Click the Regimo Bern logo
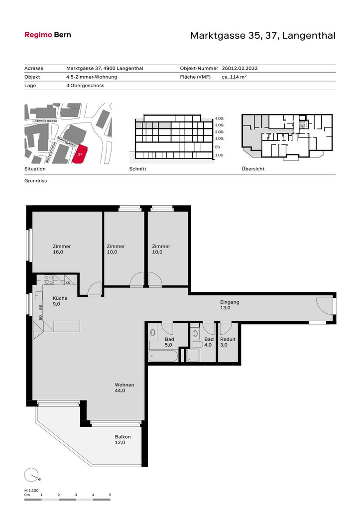(48, 35)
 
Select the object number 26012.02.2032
(240, 68)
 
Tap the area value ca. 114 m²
(234, 77)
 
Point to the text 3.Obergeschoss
(85, 86)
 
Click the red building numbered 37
(80, 154)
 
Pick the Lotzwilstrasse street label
(45, 121)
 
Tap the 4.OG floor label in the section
(219, 119)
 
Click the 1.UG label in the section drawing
(219, 155)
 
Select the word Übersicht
(253, 169)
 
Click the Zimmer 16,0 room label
(62, 249)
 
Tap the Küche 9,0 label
(60, 301)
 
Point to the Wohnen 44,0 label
(124, 387)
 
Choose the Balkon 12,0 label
(122, 440)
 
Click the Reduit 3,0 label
(228, 342)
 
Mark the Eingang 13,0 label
(230, 305)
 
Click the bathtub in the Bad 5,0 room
(163, 356)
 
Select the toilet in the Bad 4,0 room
(198, 344)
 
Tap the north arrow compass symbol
(31, 475)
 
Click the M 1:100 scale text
(31, 491)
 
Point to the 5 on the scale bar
(110, 495)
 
